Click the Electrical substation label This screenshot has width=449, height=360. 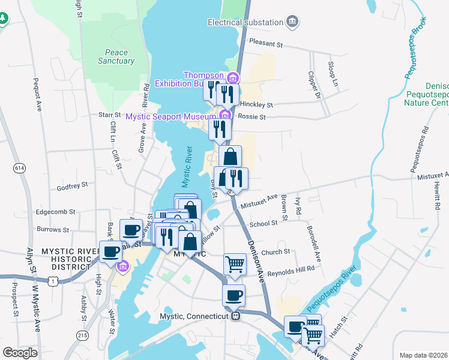click(245, 22)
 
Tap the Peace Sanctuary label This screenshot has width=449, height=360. click(116, 56)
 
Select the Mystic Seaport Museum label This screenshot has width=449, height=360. click(170, 116)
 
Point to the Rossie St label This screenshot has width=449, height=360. click(252, 117)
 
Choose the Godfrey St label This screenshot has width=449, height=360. click(73, 185)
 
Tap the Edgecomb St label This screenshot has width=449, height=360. click(56, 212)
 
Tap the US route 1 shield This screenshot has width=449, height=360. click(54, 281)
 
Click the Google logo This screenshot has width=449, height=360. click(20, 353)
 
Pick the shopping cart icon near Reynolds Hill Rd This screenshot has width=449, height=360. click(235, 263)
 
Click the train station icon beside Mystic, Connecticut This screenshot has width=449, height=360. click(237, 316)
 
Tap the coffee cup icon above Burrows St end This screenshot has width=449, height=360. click(131, 229)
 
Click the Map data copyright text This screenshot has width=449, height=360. click(423, 355)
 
